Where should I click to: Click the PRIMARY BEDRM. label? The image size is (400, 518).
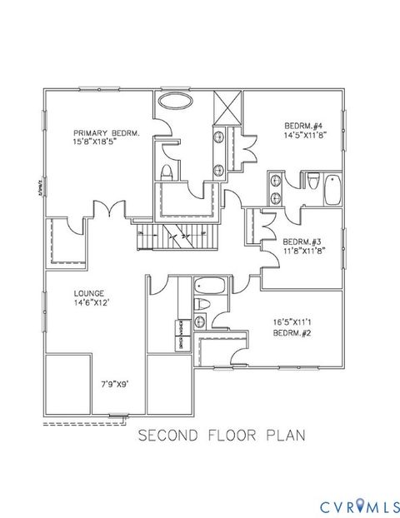pyautogui.click(x=105, y=133)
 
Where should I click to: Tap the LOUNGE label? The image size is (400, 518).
pyautogui.click(x=87, y=293)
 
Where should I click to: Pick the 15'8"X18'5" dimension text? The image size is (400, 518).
pyautogui.click(x=105, y=143)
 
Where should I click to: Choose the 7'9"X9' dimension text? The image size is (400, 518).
pyautogui.click(x=117, y=384)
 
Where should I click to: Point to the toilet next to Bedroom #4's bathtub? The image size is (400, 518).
pyautogui.click(x=313, y=181)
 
